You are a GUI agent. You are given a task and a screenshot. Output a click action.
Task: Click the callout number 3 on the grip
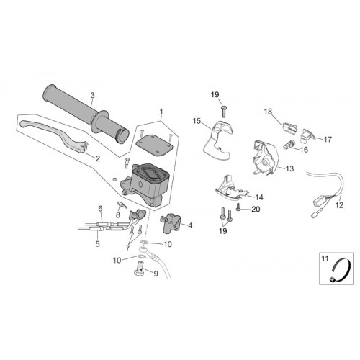(x=93, y=95)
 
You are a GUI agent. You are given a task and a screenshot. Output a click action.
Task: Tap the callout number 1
(x=161, y=112)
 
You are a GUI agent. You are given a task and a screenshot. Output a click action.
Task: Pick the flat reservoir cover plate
(x=154, y=144)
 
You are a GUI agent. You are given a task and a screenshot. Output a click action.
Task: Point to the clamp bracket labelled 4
(x=170, y=223)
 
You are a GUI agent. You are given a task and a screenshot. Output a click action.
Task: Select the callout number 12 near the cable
(x=340, y=205)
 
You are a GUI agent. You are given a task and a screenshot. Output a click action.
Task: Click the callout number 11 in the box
(x=325, y=258)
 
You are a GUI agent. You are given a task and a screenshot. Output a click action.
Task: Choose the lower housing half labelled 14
(x=231, y=189)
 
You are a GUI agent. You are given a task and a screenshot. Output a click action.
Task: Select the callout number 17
(x=328, y=139)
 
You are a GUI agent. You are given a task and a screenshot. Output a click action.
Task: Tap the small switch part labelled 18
(x=290, y=127)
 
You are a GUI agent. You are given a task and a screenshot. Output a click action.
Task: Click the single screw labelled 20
(x=238, y=207)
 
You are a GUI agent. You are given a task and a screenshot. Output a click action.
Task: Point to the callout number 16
(x=304, y=150)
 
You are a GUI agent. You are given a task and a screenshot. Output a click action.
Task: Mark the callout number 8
(x=118, y=215)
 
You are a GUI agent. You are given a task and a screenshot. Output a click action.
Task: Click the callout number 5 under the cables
(x=97, y=244)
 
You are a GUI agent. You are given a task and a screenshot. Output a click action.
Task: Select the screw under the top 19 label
(x=224, y=111)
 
